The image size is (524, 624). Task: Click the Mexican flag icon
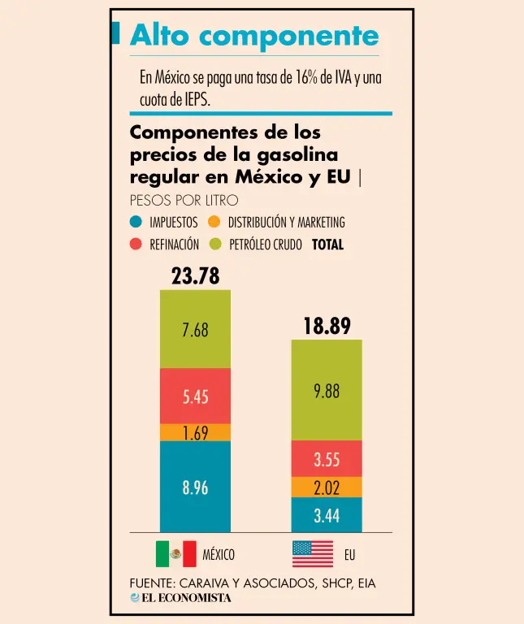(175, 554)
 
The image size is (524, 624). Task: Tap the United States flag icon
(313, 554)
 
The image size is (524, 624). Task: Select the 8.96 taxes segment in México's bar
(195, 487)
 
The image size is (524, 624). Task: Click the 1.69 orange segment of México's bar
(195, 432)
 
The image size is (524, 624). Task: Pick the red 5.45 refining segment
(195, 396)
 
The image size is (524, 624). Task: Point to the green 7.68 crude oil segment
(195, 330)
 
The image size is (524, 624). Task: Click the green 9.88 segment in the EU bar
(327, 391)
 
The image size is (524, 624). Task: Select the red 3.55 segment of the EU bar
(327, 459)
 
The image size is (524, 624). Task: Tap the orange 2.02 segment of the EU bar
(327, 487)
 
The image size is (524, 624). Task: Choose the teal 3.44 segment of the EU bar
(327, 515)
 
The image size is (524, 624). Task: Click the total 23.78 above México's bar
(195, 276)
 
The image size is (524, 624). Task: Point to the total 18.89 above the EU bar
(327, 327)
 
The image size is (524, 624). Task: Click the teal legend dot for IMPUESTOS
(136, 222)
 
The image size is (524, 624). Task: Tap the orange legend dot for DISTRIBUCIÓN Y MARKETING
(214, 222)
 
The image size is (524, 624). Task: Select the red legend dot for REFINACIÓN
(136, 244)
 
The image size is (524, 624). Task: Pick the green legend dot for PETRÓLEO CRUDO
(215, 244)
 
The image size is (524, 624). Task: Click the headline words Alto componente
(254, 35)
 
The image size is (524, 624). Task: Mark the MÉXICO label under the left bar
(219, 555)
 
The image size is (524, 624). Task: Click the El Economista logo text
(186, 598)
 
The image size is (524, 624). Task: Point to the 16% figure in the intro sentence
(294, 78)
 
